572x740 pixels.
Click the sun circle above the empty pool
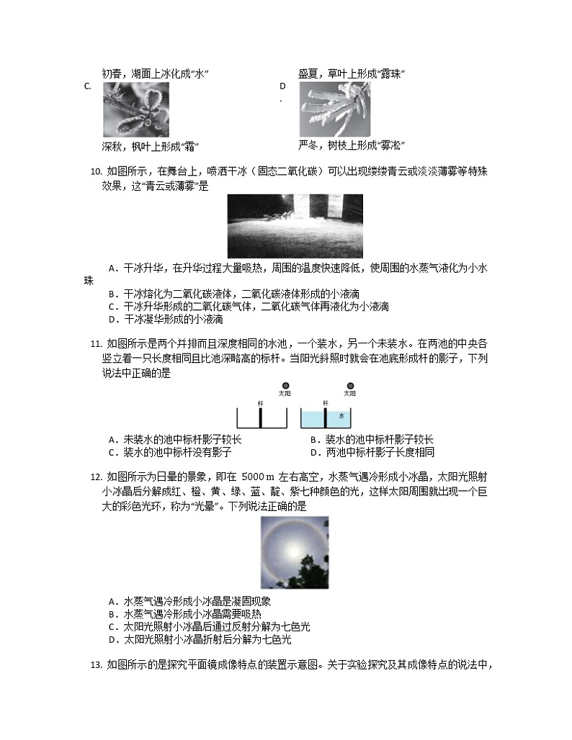[x=286, y=386]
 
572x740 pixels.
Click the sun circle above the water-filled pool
[x=351, y=386]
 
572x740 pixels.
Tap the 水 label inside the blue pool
[x=341, y=417]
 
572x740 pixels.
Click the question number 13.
[x=95, y=664]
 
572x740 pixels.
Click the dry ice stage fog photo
[x=295, y=226]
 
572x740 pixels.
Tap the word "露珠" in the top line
[x=393, y=74]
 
